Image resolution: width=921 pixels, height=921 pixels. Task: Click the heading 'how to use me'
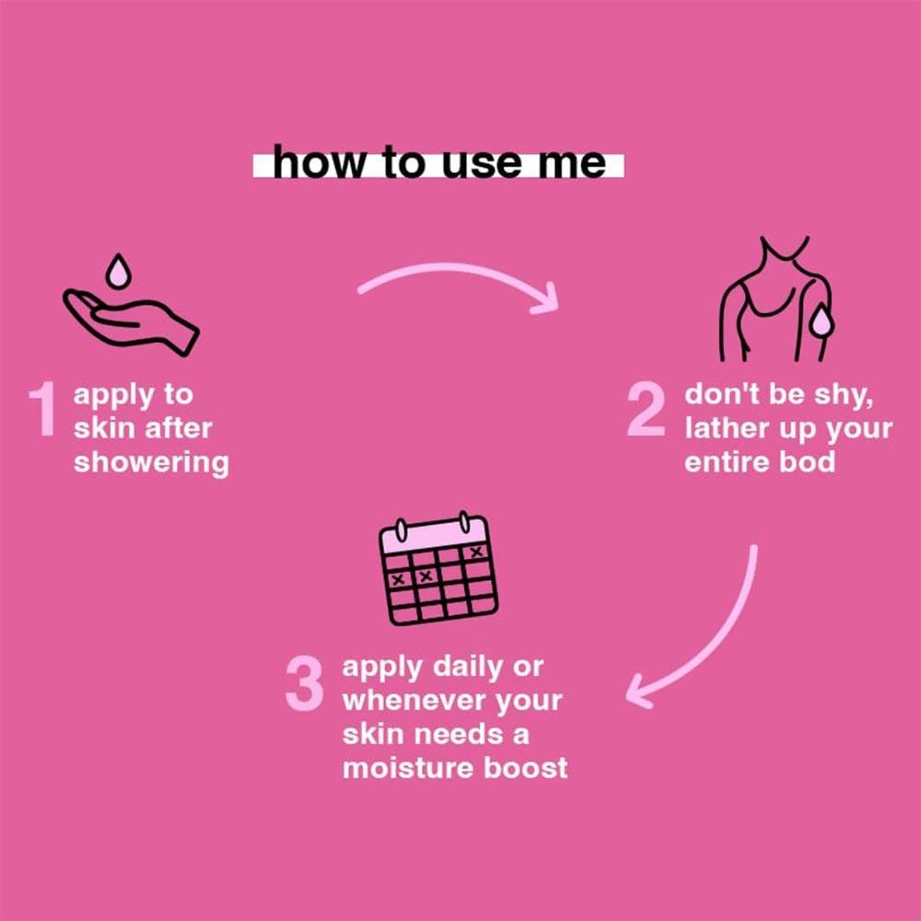438,162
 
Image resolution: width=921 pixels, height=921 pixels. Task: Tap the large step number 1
42,409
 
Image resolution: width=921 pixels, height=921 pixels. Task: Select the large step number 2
647,409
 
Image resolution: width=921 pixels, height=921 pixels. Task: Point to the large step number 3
304,683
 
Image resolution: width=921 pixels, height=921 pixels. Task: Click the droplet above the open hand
118,271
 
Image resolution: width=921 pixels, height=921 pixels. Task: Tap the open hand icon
131,321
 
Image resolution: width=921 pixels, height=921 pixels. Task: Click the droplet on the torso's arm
822,325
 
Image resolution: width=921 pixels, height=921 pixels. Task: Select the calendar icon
438,568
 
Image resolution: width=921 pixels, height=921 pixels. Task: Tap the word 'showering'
151,463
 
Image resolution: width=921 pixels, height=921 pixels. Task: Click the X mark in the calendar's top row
476,552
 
